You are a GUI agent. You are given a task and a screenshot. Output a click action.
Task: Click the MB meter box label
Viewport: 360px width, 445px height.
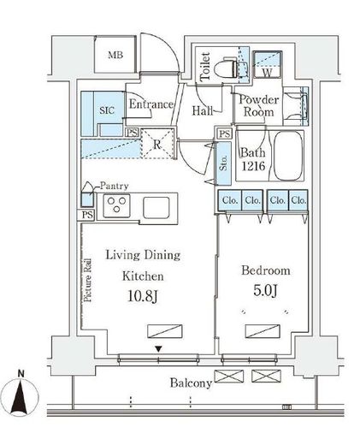115,55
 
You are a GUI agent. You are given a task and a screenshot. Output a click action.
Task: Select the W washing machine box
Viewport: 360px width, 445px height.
268,64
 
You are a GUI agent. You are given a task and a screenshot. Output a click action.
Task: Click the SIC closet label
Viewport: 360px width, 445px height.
107,110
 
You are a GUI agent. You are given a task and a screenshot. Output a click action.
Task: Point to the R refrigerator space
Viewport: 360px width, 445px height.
157,144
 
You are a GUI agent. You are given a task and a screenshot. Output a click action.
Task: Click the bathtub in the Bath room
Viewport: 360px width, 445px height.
288,156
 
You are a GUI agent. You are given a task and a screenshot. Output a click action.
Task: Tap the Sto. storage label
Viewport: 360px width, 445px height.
224,163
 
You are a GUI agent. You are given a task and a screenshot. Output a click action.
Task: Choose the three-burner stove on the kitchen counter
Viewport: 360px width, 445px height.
116,205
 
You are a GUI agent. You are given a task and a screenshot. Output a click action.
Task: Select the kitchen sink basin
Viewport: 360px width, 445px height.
156,207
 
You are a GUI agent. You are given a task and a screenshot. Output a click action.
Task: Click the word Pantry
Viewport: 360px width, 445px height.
114,187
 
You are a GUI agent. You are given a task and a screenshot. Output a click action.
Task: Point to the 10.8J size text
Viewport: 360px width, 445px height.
142,296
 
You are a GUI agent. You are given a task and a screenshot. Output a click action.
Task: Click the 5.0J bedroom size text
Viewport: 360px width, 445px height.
265,290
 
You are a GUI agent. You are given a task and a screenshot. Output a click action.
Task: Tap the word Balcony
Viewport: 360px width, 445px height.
191,383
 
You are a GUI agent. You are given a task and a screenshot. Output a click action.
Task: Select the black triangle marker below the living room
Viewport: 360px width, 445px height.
159,349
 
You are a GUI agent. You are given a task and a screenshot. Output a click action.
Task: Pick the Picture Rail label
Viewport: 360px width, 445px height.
88,280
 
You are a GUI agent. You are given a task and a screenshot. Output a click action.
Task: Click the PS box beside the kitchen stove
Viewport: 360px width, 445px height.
86,215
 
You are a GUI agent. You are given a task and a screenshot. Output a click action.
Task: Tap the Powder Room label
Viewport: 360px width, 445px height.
259,105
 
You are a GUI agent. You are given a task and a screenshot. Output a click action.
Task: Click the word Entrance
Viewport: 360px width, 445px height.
151,104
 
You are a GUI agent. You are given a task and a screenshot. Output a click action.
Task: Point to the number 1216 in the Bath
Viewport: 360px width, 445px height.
253,166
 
